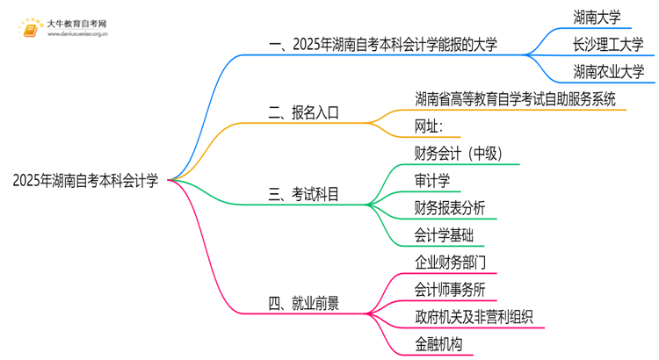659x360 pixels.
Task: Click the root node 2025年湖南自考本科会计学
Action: tap(86, 181)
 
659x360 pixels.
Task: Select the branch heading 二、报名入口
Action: tap(303, 112)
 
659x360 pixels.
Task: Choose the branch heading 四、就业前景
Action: tap(303, 304)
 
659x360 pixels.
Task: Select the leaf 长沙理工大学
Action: tap(607, 43)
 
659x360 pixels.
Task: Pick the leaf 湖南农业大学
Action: tap(607, 71)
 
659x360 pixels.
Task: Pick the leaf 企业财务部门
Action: tap(449, 262)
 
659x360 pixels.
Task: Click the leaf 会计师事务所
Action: tap(449, 289)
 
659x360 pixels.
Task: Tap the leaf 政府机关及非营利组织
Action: tap(474, 316)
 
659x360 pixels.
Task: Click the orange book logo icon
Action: tap(29, 29)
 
